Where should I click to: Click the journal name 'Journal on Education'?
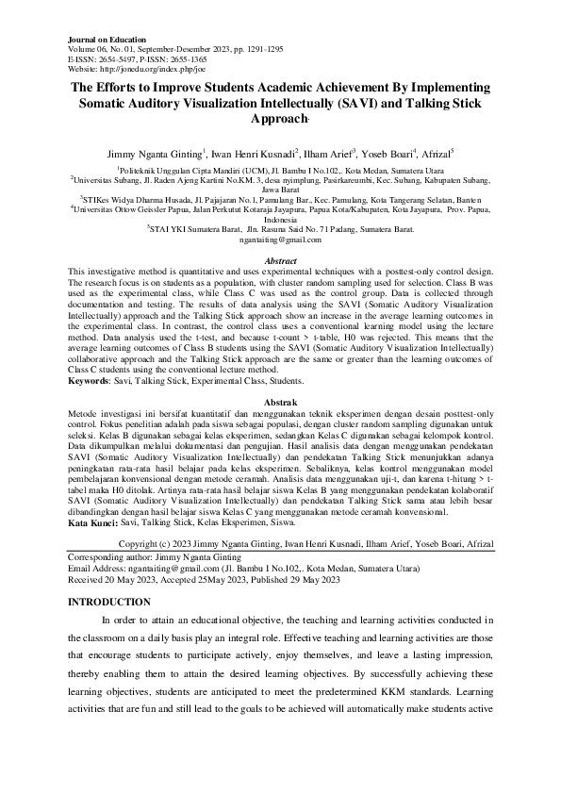[107, 41]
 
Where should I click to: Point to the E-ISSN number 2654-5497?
[123, 60]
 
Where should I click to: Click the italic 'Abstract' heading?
[281, 261]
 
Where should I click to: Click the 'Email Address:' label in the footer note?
[101, 568]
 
